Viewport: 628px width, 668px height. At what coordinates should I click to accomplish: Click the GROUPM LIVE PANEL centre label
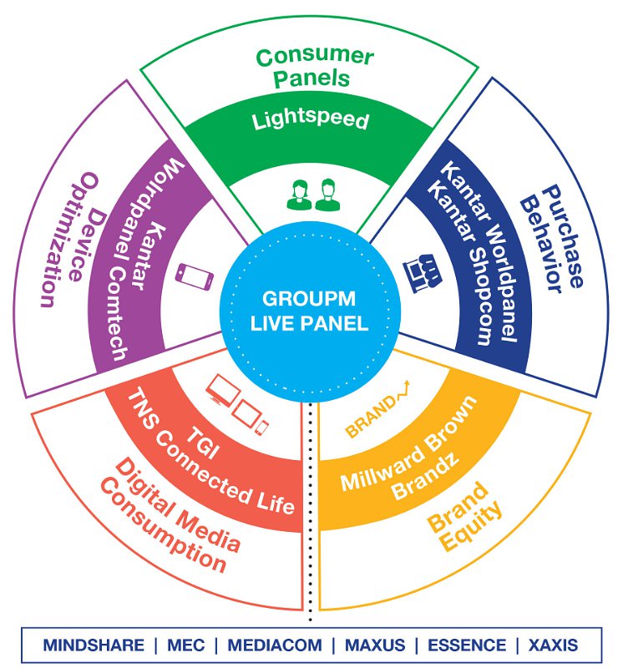[309, 311]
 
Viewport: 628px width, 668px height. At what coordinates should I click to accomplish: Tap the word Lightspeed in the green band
[310, 119]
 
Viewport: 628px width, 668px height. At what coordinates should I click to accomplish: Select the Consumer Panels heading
[315, 68]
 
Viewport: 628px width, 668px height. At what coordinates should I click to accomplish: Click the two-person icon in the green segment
[313, 195]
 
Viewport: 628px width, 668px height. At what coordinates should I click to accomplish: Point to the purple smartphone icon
[195, 276]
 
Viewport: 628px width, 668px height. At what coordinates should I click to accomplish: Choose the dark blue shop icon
[422, 273]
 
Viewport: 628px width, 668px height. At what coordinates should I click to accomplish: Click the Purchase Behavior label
[552, 239]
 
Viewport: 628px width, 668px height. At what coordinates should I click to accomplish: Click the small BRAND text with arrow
[377, 410]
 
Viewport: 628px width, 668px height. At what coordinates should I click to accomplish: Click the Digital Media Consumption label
[170, 515]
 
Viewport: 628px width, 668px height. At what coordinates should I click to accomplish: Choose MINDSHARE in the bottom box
[94, 645]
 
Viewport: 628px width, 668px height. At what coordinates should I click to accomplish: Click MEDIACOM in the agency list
[275, 645]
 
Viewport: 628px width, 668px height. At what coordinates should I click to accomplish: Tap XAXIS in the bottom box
[553, 645]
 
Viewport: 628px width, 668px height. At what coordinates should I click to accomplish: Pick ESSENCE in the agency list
[467, 645]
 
